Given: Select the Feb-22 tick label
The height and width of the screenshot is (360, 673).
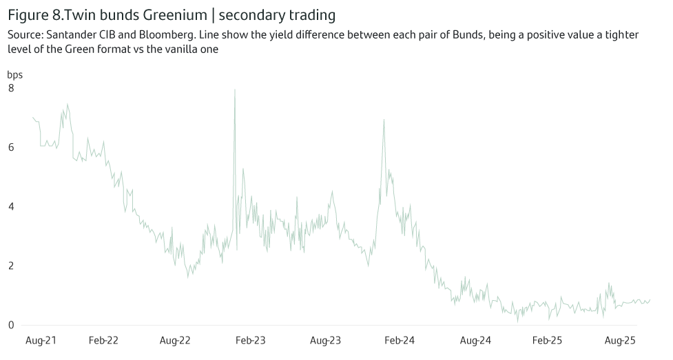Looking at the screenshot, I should pos(103,340).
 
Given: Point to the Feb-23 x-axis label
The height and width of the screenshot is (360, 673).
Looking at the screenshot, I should pos(250,340).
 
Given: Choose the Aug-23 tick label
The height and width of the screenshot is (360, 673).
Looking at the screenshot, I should pos(326,340).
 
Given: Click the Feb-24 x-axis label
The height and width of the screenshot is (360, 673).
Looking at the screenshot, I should pos(400,340).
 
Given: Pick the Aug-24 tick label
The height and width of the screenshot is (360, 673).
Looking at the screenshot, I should pos(475,340).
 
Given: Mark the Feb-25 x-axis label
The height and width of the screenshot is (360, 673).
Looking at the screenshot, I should pos(548,340).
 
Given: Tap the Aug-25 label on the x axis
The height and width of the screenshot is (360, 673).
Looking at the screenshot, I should pos(619,340).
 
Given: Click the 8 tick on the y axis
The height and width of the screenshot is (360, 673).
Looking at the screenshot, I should pos(11,88).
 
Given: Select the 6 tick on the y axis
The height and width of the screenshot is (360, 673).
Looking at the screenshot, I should pos(11,147).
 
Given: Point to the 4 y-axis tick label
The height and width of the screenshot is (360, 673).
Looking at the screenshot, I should pos(11,207).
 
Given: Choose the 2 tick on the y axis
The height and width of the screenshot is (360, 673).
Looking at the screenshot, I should pos(11,266).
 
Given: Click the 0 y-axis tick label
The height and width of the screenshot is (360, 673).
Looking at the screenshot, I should pos(11,325).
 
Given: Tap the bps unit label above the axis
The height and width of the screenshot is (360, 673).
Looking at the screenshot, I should pos(15,74).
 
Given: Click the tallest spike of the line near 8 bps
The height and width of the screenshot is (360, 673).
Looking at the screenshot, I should pos(235,89).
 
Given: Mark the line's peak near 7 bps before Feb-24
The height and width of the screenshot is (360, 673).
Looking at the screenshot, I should pos(384,120).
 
